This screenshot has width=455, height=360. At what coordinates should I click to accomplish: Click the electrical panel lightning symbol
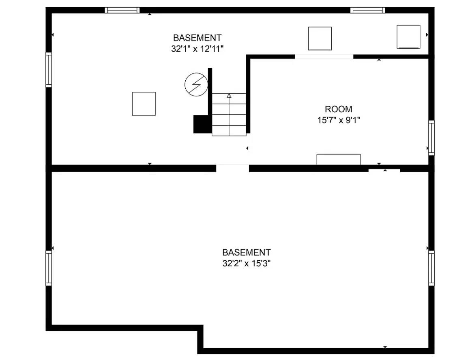196,84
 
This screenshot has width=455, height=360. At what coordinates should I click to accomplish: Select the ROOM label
338,109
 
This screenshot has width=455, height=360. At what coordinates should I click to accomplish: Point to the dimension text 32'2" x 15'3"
246,263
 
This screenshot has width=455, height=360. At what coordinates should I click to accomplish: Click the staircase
229,114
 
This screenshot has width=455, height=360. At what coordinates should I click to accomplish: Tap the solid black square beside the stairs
201,124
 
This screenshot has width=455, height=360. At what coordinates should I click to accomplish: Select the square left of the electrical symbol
144,104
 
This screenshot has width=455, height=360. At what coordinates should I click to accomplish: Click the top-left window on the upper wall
122,10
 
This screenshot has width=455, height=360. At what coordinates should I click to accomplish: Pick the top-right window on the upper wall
367,10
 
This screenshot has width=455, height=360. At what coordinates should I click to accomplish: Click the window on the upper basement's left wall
49,69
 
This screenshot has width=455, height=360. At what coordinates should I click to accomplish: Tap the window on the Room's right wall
431,137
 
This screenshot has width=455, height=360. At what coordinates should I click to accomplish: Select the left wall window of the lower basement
49,268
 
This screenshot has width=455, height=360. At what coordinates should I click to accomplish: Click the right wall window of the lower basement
431,268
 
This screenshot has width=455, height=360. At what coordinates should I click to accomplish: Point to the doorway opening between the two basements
232,168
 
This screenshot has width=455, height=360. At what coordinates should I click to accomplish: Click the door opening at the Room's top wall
324,57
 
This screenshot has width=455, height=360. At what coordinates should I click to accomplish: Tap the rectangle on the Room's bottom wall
338,159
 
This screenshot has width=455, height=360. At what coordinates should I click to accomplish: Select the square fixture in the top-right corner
408,36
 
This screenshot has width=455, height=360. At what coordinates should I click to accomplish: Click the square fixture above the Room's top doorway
320,39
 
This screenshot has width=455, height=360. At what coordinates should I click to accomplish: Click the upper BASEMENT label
197,38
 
